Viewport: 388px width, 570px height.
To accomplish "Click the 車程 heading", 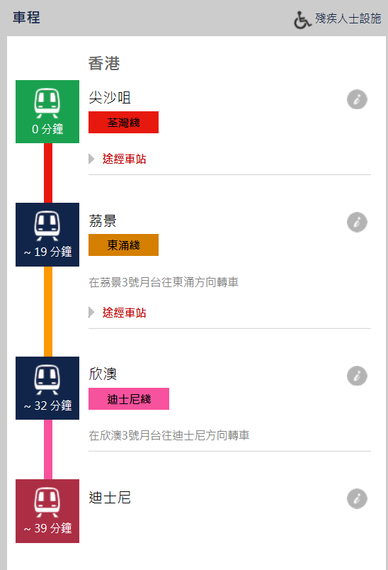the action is (26, 18).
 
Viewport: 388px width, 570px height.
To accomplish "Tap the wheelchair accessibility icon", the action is (302, 20).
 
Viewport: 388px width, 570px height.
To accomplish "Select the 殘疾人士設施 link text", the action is (348, 18).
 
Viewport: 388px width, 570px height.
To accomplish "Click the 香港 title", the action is (104, 63).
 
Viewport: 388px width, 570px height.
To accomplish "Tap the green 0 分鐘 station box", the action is (47, 111).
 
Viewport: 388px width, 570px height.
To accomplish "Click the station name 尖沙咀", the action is (110, 97).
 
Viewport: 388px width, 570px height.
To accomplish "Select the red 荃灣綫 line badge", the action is (123, 122).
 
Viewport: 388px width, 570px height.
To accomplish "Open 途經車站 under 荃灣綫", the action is (124, 159).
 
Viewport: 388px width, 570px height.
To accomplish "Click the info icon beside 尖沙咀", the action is (357, 99).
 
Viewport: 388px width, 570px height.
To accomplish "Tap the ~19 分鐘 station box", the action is (47, 235).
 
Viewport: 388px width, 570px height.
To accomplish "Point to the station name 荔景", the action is (103, 220).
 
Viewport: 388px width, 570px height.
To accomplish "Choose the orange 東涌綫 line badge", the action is (123, 245).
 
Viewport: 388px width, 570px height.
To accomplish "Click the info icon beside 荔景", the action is (357, 222).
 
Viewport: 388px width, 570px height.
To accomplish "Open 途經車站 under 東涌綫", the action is (124, 313).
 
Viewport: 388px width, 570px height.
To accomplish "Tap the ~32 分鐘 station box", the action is (47, 389).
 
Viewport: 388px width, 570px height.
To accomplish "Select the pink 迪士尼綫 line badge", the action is (129, 398).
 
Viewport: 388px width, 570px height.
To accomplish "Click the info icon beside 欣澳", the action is (357, 376).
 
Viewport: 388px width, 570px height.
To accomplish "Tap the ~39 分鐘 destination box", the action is (47, 511).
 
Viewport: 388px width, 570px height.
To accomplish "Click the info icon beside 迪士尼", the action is (357, 499).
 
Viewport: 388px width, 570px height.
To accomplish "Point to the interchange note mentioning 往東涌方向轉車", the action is (164, 282).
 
